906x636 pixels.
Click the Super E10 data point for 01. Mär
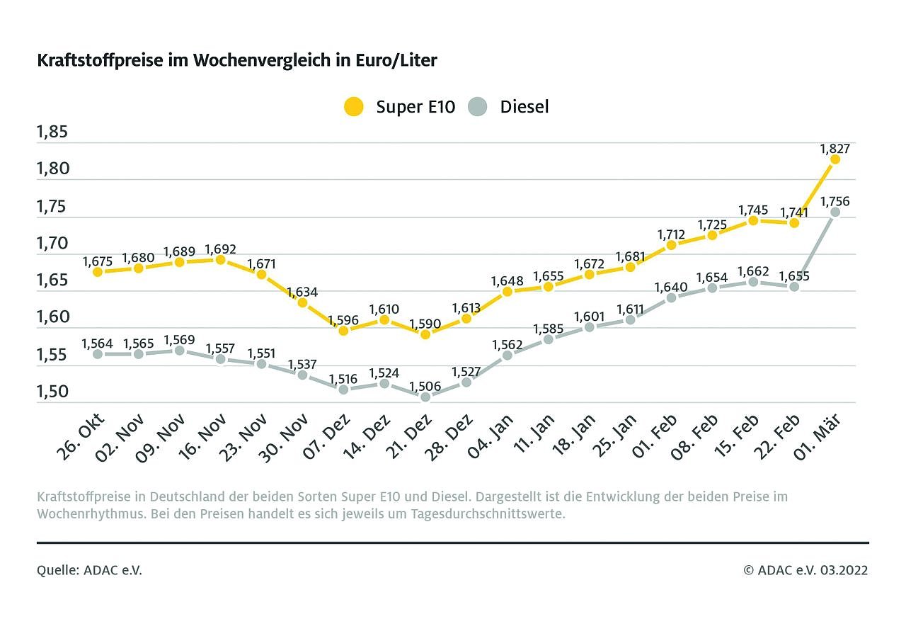(835, 159)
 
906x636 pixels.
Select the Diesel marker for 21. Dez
(425, 397)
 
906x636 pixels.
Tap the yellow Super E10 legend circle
(353, 107)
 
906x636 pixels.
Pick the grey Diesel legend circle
(478, 107)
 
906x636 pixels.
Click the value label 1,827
(835, 149)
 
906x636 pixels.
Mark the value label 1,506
(425, 387)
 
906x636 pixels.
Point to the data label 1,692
(220, 249)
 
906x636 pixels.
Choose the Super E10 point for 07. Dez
(344, 330)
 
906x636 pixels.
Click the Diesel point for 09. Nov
(180, 351)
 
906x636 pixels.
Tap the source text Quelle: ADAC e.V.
(89, 570)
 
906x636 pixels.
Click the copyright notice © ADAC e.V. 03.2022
(805, 570)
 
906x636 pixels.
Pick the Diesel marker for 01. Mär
(835, 212)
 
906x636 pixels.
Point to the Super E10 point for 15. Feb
(753, 220)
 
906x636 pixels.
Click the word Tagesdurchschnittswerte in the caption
(488, 513)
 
